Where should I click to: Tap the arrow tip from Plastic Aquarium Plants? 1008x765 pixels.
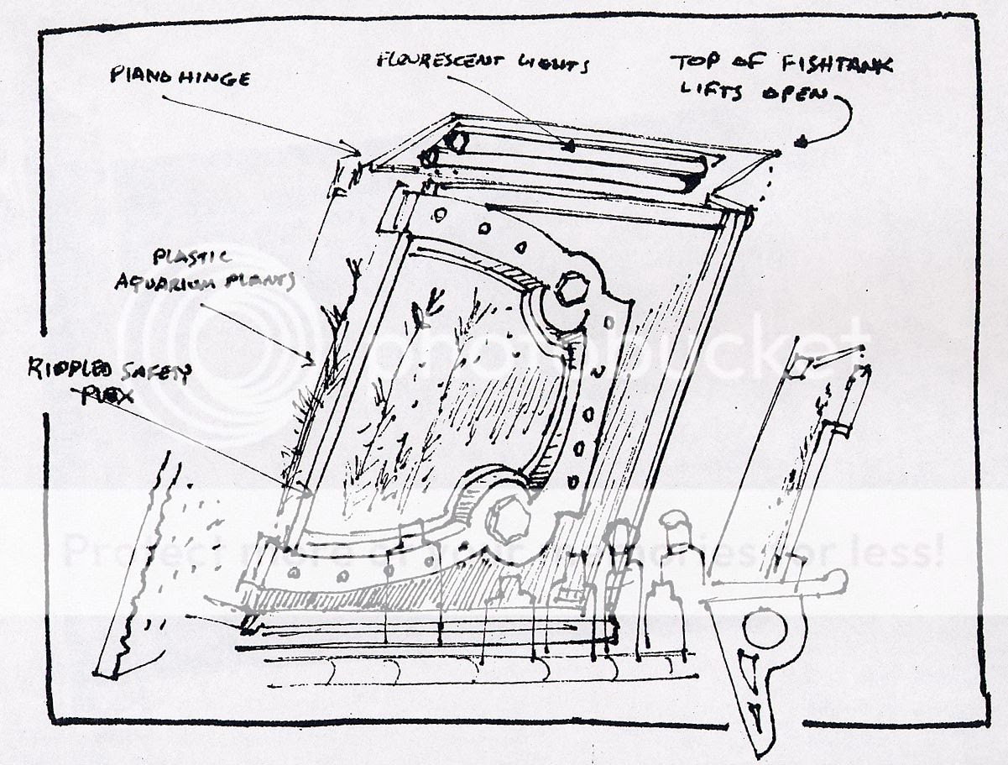[317, 364]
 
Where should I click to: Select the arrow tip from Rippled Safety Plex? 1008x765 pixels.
[300, 486]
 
